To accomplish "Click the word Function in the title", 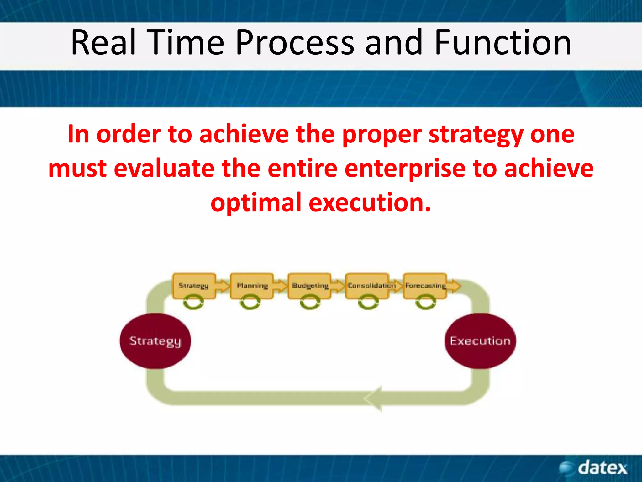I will click(x=503, y=42).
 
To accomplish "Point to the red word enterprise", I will click(x=405, y=169).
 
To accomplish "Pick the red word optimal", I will click(x=256, y=203).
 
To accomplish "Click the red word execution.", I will click(x=370, y=203).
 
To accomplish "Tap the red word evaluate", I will click(x=164, y=169).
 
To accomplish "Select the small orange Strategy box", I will click(x=194, y=286).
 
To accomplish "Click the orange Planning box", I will click(x=252, y=286).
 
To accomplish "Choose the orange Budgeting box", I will click(x=310, y=286).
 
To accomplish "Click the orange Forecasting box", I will click(x=425, y=286).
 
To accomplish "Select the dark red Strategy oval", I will click(x=155, y=341).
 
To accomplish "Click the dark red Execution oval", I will click(x=480, y=341).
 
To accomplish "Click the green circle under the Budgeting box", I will click(x=310, y=303).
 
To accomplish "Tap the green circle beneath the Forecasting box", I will click(x=425, y=303).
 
